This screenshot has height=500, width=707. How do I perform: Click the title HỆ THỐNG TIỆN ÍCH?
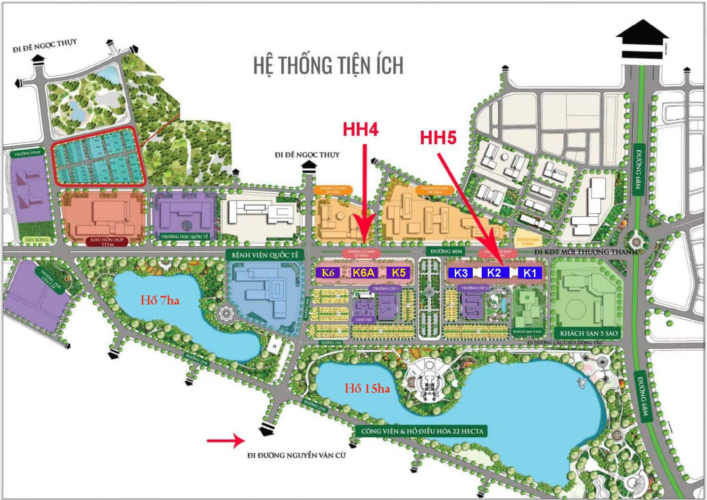coord(328,65)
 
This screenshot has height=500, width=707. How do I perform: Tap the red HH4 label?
coord(361,130)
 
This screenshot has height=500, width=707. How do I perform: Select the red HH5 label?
coord(438,138)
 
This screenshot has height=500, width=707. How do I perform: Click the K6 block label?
coord(328,272)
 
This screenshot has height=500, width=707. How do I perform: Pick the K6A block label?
coord(363,272)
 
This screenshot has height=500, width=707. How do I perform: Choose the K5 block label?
coord(398,272)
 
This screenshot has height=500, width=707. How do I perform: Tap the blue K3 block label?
coord(461,273)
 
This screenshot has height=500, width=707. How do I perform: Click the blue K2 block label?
coord(494,272)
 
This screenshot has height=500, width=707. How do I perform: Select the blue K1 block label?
coord(530,273)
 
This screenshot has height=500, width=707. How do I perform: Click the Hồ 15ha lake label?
coord(367,388)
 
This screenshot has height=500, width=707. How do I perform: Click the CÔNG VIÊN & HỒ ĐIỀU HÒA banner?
coord(422,431)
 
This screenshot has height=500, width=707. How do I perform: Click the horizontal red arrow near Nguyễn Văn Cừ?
coord(224,441)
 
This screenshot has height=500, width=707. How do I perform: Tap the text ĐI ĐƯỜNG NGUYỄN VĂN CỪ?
coord(296,455)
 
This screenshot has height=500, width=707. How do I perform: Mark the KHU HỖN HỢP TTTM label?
coord(107,242)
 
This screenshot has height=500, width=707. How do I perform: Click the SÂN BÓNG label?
coord(36,240)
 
